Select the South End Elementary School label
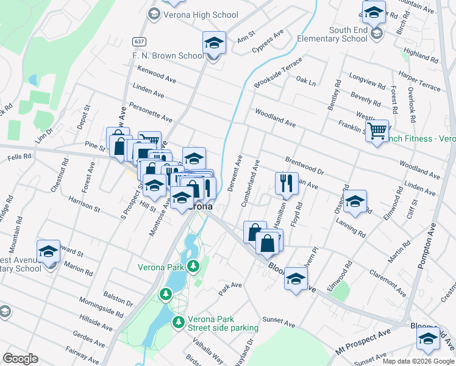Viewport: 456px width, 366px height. [x=333, y=34]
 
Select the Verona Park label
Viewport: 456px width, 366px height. [x=160, y=267]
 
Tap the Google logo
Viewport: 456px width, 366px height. [x=20, y=359]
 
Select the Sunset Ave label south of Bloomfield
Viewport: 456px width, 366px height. [x=277, y=319]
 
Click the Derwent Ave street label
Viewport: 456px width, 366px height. [x=235, y=173]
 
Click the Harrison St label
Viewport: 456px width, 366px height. [x=84, y=204]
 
